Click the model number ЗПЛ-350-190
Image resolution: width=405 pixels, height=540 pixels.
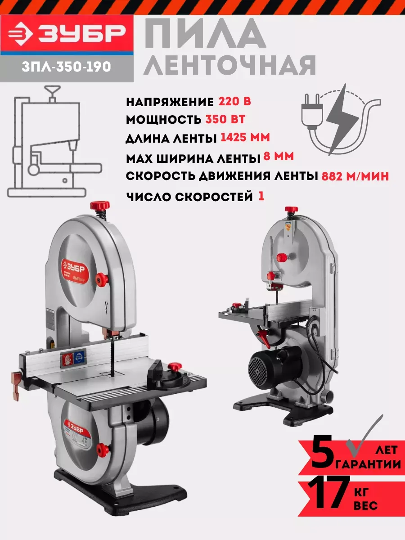[67, 67]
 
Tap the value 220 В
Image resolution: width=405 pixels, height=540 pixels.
[234, 102]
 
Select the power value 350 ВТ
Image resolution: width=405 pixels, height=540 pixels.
[225, 119]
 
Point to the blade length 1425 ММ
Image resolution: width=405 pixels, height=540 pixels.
[245, 138]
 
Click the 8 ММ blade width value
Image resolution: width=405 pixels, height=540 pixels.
[279, 156]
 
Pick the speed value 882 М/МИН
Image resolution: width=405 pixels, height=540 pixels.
[355, 176]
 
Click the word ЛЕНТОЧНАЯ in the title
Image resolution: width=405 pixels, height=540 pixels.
[229, 65]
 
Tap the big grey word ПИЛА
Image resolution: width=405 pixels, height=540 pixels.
[205, 33]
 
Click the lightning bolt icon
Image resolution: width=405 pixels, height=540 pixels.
[342, 120]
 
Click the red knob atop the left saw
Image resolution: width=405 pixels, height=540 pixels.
[99, 206]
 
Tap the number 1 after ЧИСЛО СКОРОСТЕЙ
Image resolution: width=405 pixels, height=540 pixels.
[261, 196]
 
